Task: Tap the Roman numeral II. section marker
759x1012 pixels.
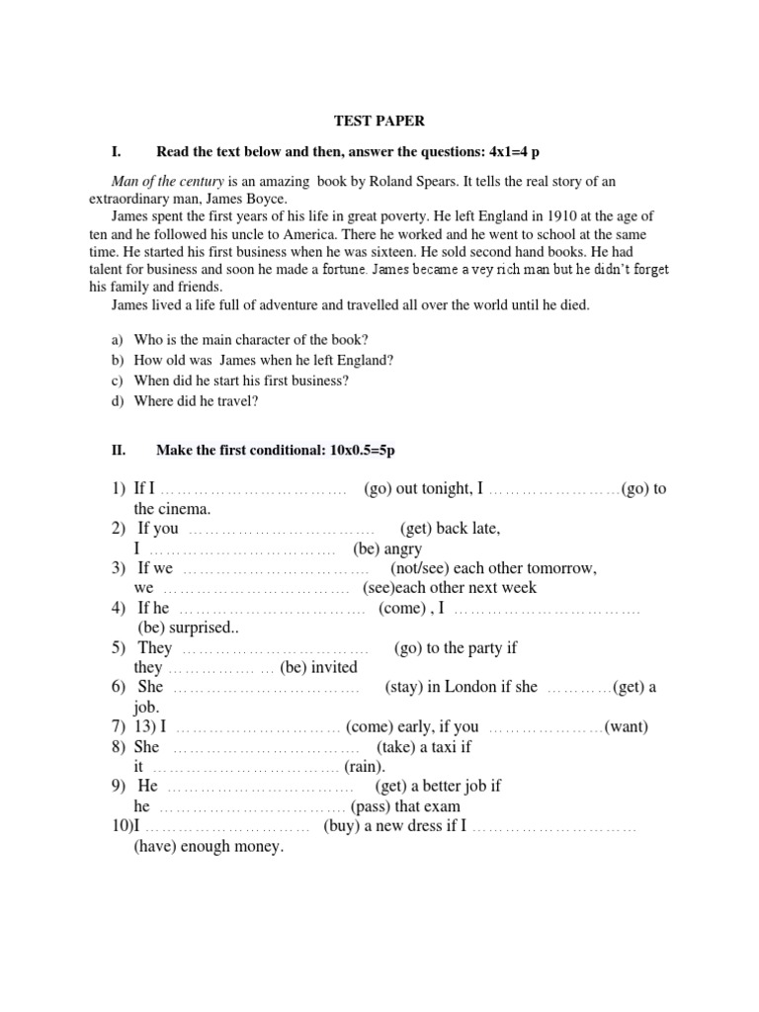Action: [120, 450]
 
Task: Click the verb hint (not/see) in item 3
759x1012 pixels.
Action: [423, 568]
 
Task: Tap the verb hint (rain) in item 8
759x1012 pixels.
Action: [366, 766]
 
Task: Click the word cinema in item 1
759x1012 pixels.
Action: [184, 509]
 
